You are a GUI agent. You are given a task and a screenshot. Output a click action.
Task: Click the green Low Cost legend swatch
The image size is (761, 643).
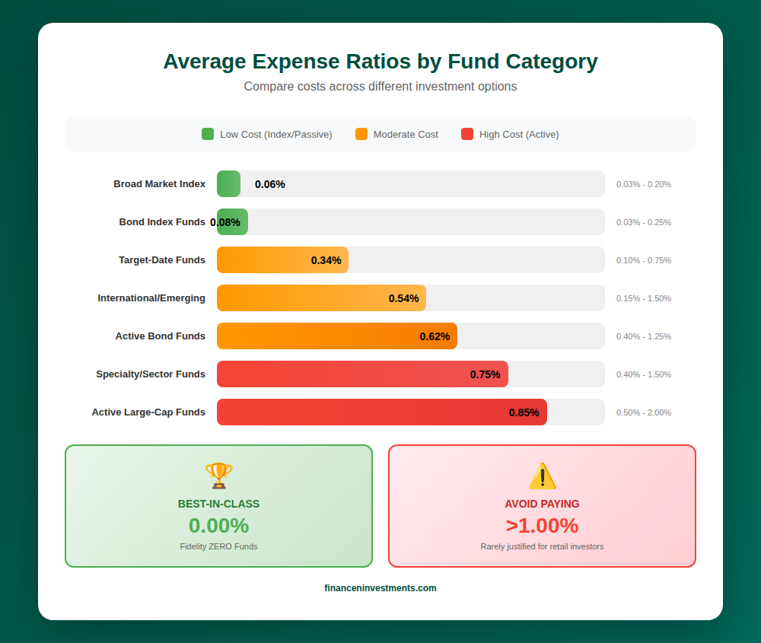[x=208, y=134]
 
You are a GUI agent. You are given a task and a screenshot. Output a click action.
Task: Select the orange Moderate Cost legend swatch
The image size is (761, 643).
[x=361, y=134]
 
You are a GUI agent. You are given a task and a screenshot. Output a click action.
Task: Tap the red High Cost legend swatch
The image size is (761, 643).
[x=467, y=134]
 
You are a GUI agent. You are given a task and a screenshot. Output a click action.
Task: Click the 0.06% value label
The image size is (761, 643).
[x=269, y=184]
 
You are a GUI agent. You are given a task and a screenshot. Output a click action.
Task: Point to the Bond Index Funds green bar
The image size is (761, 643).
[x=232, y=222]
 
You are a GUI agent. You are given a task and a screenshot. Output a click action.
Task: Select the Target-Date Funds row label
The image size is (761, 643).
[x=161, y=260]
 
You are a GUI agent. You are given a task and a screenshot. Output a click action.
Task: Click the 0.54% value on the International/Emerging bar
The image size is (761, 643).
[x=403, y=298]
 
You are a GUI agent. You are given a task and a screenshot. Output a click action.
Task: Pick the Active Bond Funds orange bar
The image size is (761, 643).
[x=336, y=336]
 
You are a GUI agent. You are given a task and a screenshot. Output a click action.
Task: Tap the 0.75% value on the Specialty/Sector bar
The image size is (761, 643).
[x=485, y=374]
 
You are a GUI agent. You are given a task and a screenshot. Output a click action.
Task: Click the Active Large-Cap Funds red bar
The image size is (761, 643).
[x=380, y=412]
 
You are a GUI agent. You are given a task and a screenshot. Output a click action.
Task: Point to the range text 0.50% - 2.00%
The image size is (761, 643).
[x=643, y=412]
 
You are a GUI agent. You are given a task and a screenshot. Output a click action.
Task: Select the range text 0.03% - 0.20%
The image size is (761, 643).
[x=643, y=184]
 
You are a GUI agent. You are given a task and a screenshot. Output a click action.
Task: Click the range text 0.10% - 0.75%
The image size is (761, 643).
[x=643, y=260]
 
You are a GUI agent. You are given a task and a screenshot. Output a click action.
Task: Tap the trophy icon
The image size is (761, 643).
[x=218, y=476]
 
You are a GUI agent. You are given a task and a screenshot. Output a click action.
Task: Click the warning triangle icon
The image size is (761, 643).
[x=542, y=476]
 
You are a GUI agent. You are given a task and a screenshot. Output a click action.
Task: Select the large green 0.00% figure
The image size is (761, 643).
[x=218, y=526]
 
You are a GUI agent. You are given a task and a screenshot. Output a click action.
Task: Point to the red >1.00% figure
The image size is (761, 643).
[x=542, y=526]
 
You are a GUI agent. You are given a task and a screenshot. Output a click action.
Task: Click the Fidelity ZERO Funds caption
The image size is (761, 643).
[x=218, y=546]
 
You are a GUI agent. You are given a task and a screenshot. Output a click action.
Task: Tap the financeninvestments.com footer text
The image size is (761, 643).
[x=380, y=588]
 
